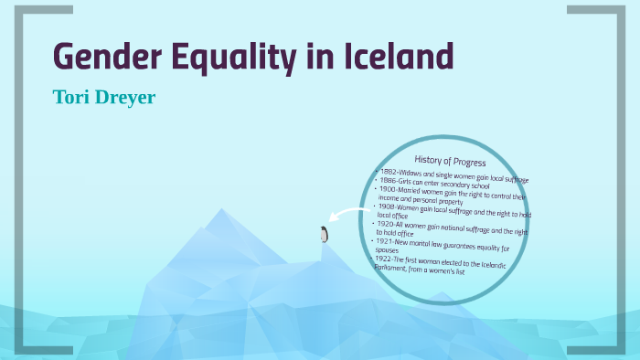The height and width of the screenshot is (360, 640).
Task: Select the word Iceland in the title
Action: (x=398, y=57)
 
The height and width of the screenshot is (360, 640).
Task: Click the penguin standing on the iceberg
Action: (x=323, y=235)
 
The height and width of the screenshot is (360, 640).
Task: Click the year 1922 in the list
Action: (x=385, y=259)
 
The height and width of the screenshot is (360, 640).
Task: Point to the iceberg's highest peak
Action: (x=222, y=212)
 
